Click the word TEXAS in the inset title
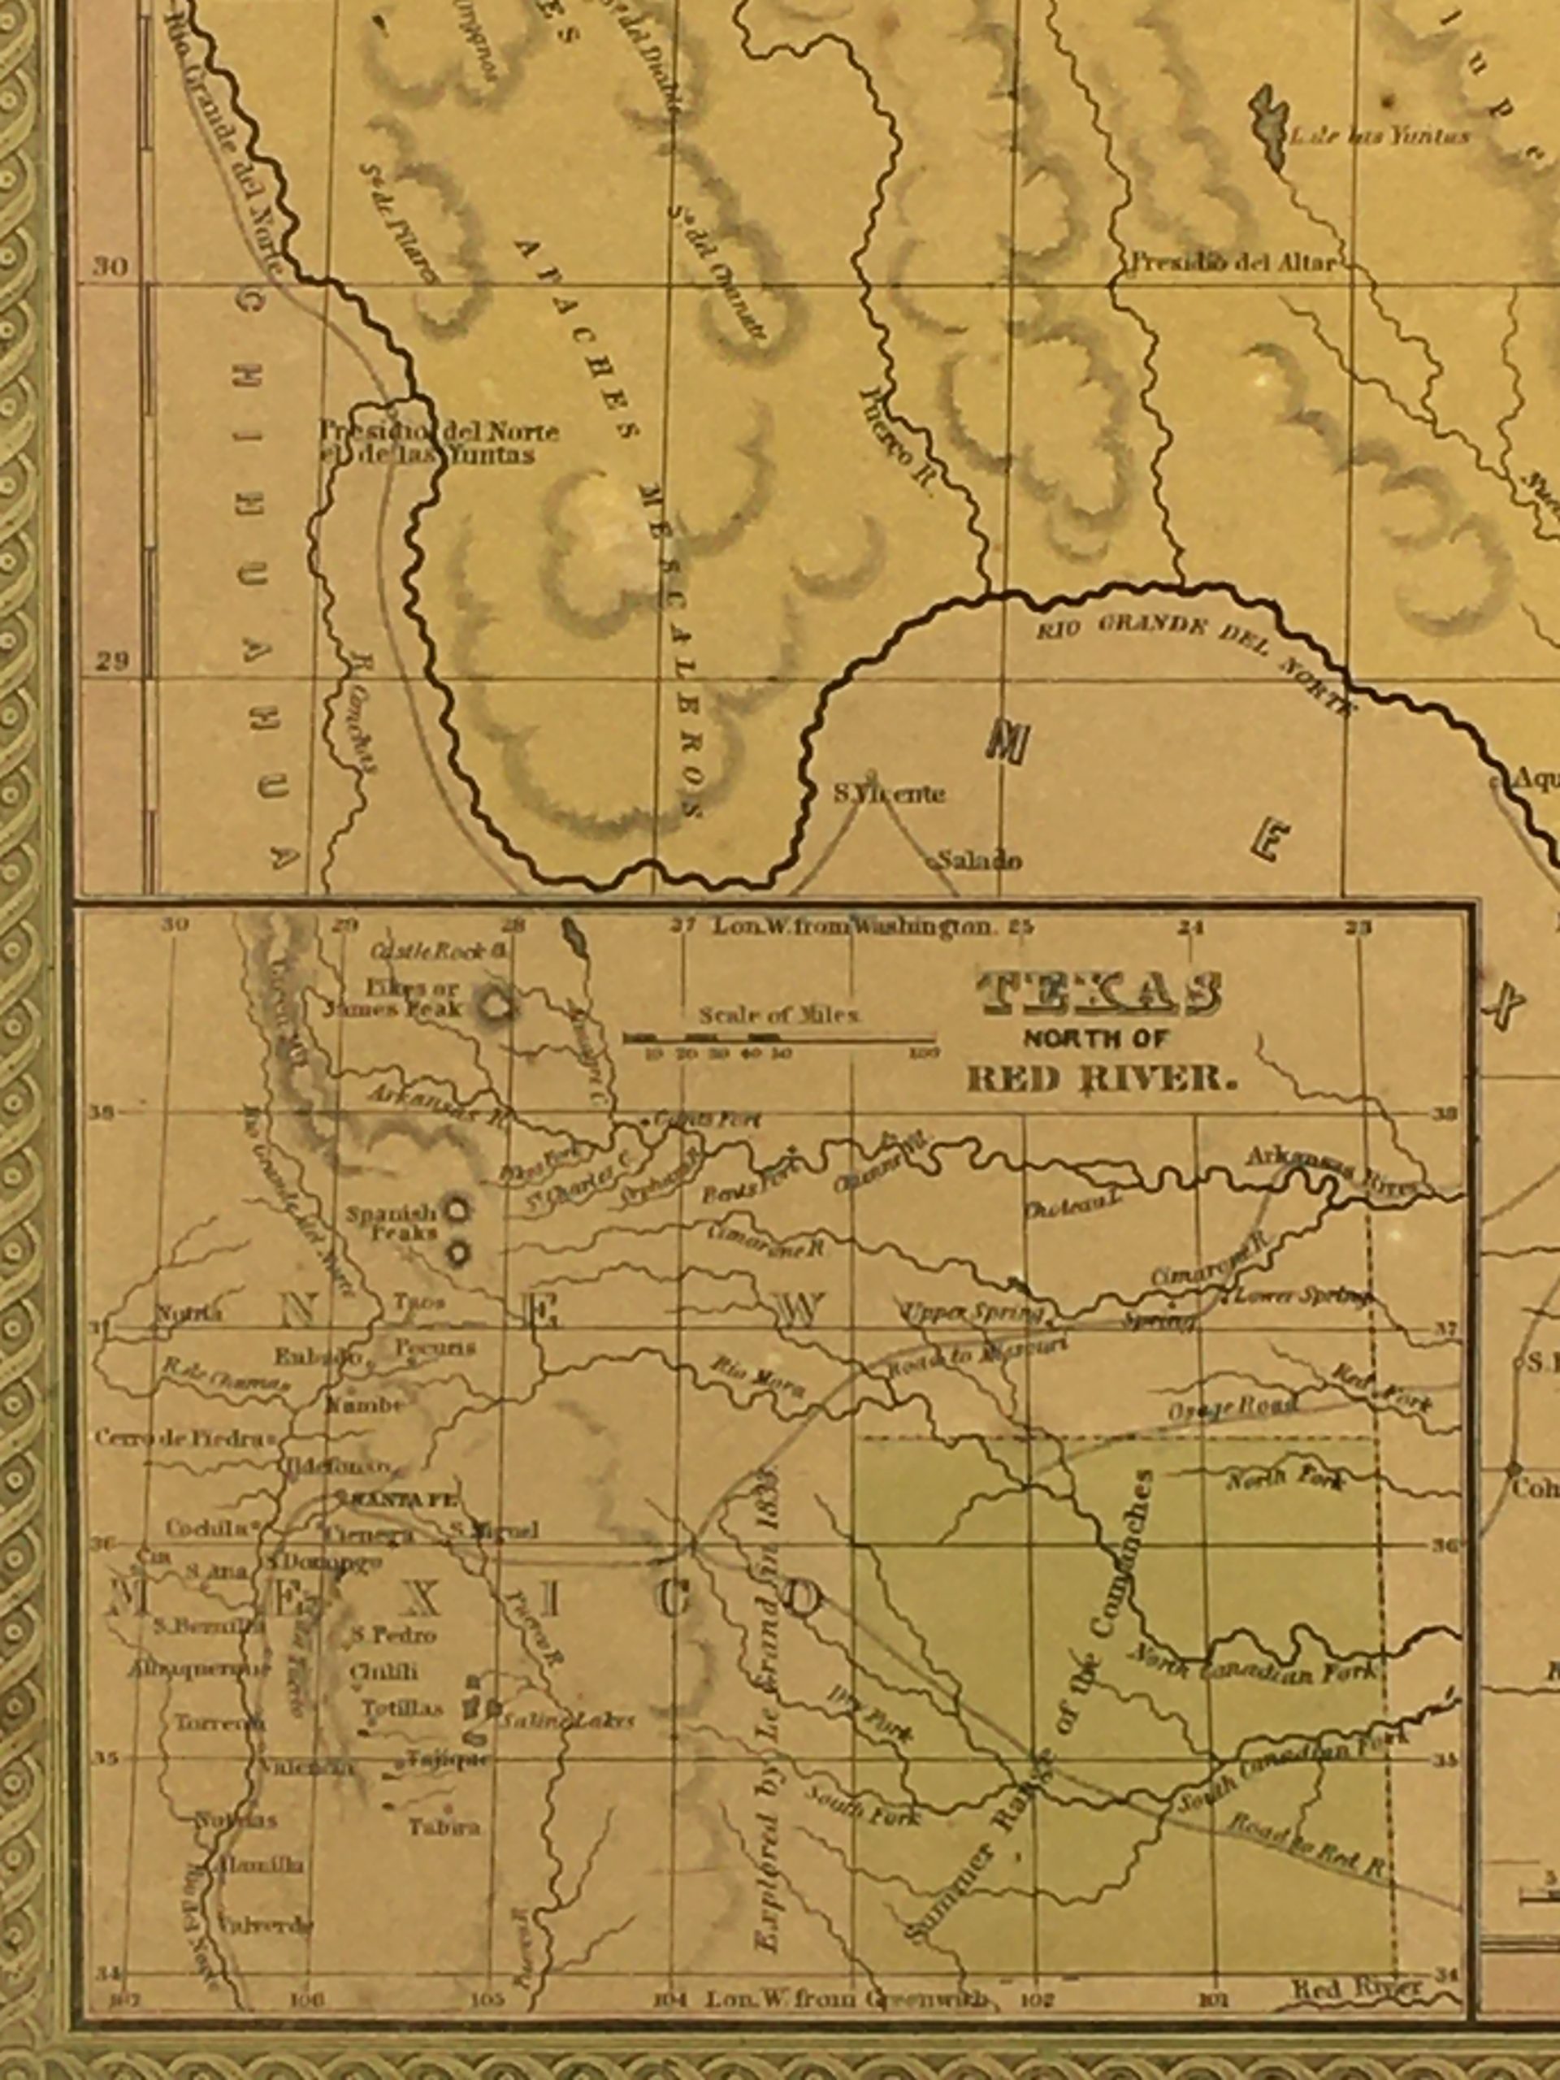tap(1102, 994)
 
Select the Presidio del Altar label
tap(1232, 262)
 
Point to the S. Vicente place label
tap(888, 795)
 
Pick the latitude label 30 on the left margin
tap(110, 267)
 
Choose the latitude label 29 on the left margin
tap(111, 661)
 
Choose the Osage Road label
tap(1232, 1408)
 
